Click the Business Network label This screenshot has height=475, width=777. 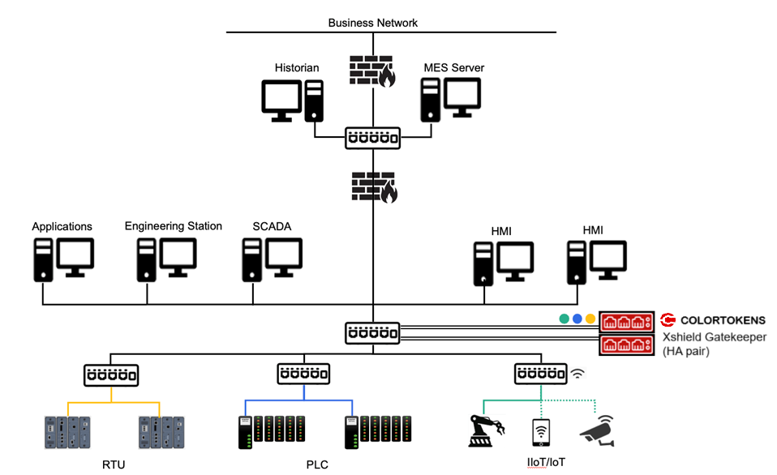[373, 22]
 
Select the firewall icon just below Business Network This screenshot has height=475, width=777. [373, 71]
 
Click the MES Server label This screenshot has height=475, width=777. [454, 67]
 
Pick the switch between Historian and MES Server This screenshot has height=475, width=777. [373, 138]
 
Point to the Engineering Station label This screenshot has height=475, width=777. [173, 226]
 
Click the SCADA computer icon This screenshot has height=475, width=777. [272, 259]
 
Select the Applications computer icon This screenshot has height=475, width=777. [62, 259]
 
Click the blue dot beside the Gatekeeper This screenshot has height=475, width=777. [577, 319]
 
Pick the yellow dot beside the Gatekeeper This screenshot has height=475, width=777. [590, 319]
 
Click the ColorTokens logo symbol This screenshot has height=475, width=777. [668, 320]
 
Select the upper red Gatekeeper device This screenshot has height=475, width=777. [627, 322]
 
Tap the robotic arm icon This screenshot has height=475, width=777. [487, 430]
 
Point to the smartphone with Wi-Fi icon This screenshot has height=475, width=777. [541, 431]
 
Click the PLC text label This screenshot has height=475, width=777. [317, 464]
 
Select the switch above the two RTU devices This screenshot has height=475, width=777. [111, 374]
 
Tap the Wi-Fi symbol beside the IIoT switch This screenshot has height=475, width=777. [578, 374]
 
